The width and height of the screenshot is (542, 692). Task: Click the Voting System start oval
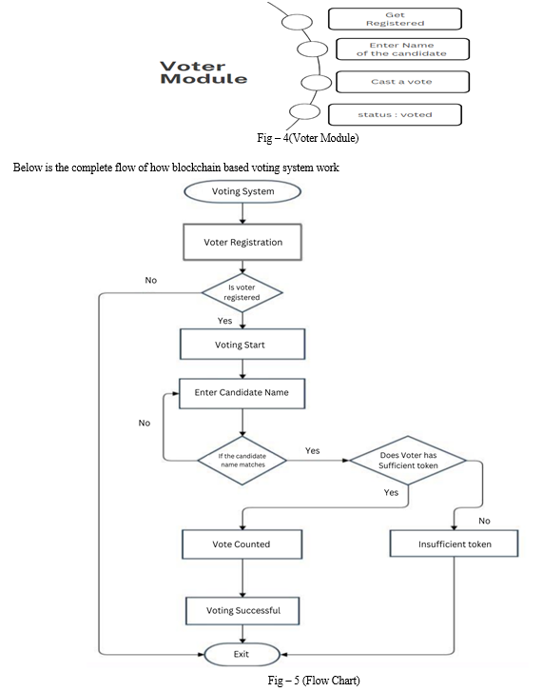[242, 191]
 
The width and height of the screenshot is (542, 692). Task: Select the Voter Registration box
[242, 242]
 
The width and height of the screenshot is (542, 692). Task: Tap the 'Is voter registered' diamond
[242, 292]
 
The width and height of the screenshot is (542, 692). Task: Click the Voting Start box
[242, 345]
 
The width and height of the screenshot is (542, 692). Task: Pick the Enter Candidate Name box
[242, 393]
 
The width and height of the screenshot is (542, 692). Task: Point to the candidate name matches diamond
[242, 461]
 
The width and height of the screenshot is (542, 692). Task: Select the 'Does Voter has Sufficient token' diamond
[408, 461]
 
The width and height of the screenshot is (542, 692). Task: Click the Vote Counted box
[242, 544]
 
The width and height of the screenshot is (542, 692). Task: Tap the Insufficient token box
[455, 544]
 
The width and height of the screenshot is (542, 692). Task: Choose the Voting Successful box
[242, 611]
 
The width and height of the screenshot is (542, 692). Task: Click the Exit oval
[242, 654]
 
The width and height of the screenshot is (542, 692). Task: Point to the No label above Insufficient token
[484, 521]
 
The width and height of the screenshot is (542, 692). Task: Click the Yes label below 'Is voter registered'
[224, 321]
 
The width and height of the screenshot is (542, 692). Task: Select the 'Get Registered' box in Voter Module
[396, 19]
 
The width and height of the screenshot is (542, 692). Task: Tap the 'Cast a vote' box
[402, 82]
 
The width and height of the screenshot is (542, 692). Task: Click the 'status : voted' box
[396, 115]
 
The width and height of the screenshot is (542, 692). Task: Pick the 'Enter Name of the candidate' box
[402, 49]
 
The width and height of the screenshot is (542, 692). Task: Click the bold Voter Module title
[203, 73]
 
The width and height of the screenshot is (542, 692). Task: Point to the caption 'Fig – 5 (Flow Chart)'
[314, 680]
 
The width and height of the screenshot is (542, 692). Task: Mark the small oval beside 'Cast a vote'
[316, 83]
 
